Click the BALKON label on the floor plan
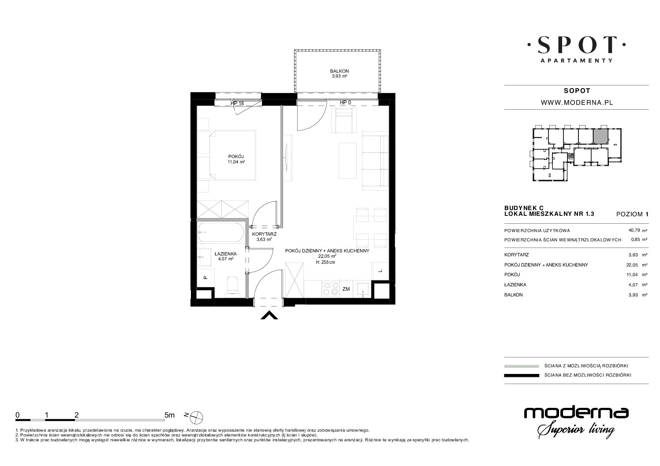[x=339, y=71]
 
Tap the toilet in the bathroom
[x=233, y=285]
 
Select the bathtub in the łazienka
[x=221, y=232]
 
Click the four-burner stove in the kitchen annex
[x=331, y=289]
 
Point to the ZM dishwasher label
[x=346, y=289]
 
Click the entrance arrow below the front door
[x=269, y=315]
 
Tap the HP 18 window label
[x=237, y=104]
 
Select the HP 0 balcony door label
[x=345, y=103]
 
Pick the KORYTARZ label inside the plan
[x=264, y=234]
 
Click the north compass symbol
[x=196, y=417]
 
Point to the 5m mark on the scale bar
[x=169, y=415]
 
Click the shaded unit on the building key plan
[x=600, y=136]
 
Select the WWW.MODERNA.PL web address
[x=577, y=103]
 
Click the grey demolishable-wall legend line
[x=522, y=366]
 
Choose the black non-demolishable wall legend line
[x=522, y=375]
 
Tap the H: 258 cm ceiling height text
[x=325, y=262]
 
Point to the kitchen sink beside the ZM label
[x=363, y=289]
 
